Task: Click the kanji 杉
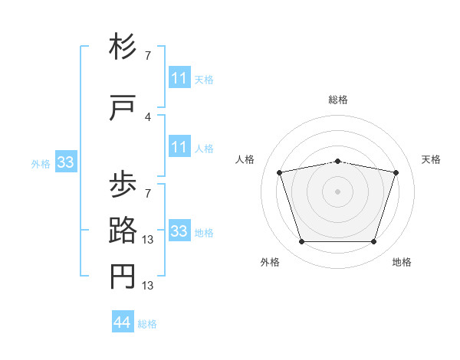click(x=123, y=46)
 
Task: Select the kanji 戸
click(x=123, y=107)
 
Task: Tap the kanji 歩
click(x=123, y=184)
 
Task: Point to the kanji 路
click(x=123, y=230)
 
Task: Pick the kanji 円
click(x=123, y=277)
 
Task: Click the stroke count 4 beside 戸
click(x=148, y=117)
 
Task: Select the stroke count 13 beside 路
click(x=147, y=240)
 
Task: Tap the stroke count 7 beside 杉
click(x=148, y=56)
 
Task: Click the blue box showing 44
click(x=123, y=321)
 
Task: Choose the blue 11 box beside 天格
click(x=179, y=77)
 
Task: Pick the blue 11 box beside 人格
click(x=179, y=146)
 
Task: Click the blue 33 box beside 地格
click(x=179, y=230)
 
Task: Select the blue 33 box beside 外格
click(x=66, y=162)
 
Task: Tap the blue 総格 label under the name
click(x=147, y=324)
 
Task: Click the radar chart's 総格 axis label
click(x=338, y=100)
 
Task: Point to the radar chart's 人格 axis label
click(x=245, y=159)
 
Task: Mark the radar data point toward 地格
click(x=373, y=242)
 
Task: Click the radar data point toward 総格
click(x=337, y=162)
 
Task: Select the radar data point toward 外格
click(x=302, y=242)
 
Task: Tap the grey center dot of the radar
click(x=337, y=191)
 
